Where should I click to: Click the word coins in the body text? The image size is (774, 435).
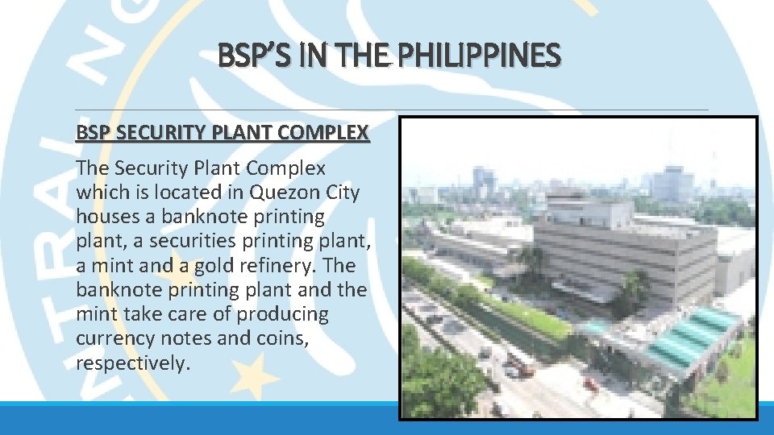click(x=280, y=338)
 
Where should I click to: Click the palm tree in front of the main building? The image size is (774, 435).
click(x=633, y=290)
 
